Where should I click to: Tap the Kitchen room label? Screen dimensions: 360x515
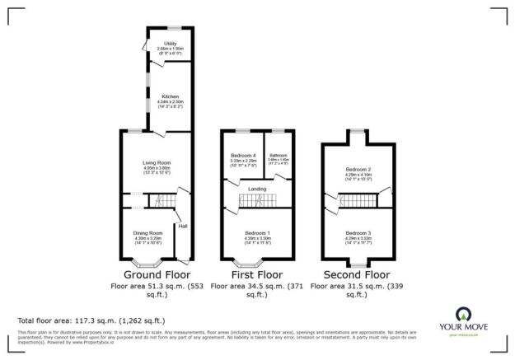(x=170, y=96)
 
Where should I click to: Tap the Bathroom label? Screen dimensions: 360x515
(x=278, y=155)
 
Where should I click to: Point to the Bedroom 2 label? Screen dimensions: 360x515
(x=359, y=170)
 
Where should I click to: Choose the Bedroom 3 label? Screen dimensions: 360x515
(x=359, y=233)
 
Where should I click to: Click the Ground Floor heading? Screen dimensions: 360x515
(x=157, y=274)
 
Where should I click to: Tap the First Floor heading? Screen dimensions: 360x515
(x=258, y=274)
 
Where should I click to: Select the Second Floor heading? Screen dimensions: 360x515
(x=358, y=274)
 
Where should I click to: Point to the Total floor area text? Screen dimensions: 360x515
(x=91, y=320)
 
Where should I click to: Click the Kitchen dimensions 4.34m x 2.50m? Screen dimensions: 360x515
(x=170, y=101)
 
